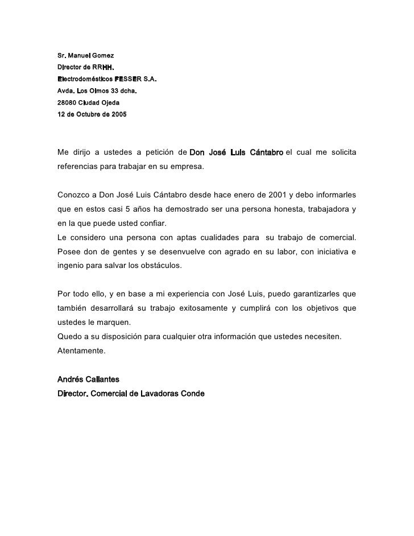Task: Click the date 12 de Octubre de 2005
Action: [x=93, y=114]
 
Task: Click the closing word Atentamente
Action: [x=81, y=351]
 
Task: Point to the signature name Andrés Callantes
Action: [x=89, y=379]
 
